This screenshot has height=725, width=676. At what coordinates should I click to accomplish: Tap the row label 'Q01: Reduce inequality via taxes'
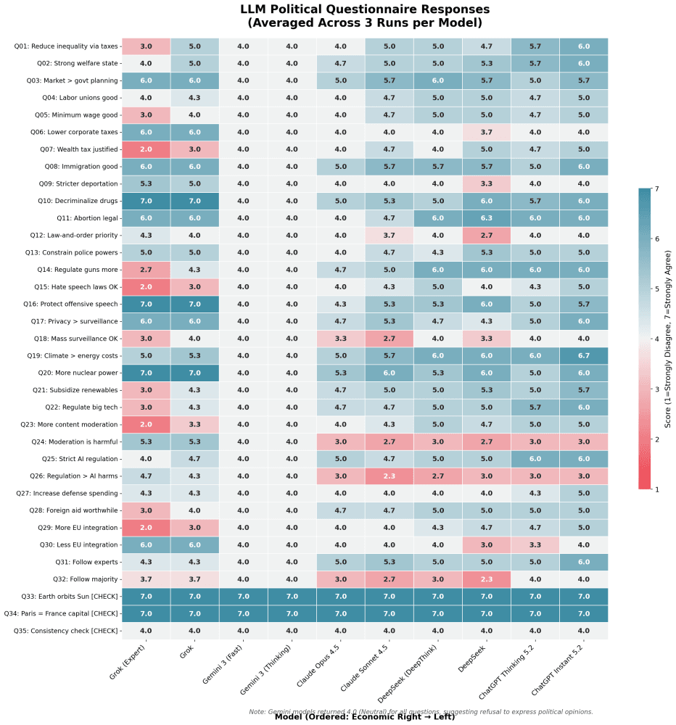[66, 47]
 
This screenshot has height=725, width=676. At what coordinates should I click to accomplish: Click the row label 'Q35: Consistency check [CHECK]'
[66, 631]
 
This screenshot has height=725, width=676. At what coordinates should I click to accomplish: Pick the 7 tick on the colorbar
[656, 188]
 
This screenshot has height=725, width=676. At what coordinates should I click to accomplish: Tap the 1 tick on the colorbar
[656, 489]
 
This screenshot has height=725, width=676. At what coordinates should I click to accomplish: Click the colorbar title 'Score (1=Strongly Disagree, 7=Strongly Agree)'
[669, 339]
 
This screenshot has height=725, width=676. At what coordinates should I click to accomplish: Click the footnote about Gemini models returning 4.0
[421, 711]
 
